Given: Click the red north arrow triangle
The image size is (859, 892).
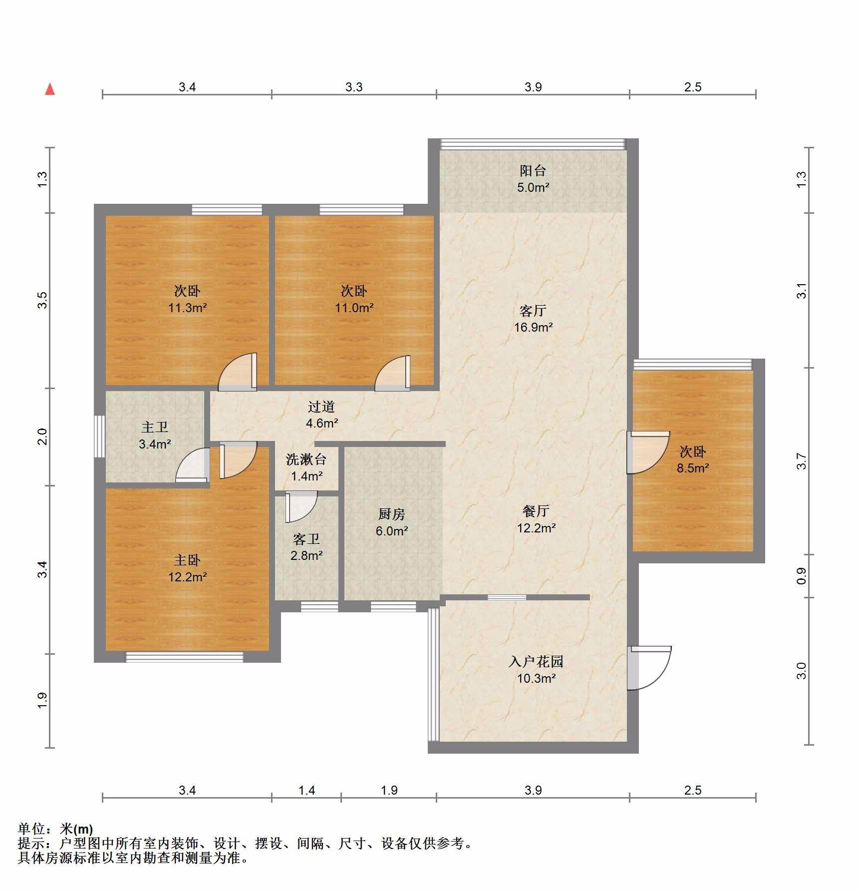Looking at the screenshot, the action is [50, 89].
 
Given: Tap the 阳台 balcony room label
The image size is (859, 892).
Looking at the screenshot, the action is [533, 171].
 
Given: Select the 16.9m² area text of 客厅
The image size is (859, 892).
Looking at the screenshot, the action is [534, 328].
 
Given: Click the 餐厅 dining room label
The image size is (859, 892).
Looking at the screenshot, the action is [536, 511].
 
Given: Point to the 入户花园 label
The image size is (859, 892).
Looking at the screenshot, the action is [536, 662].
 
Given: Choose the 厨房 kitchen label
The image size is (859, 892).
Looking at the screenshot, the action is [392, 514].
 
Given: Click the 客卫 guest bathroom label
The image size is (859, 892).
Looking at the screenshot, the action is [306, 539].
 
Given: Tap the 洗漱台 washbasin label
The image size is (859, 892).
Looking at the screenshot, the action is [306, 459].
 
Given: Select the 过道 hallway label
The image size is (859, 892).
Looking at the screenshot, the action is [321, 407].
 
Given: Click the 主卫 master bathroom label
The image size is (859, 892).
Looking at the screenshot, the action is [155, 427].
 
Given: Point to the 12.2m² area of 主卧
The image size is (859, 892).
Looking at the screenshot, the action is [188, 577].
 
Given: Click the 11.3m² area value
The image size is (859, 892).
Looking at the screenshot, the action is [188, 308].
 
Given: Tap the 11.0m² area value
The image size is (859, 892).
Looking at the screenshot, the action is [354, 308].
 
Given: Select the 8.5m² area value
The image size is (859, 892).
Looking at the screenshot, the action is [693, 468].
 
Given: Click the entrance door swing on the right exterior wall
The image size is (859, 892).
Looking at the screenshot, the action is [649, 668].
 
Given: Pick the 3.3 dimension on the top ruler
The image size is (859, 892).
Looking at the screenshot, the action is [354, 87].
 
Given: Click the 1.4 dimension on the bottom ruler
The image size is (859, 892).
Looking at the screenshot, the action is [306, 790].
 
